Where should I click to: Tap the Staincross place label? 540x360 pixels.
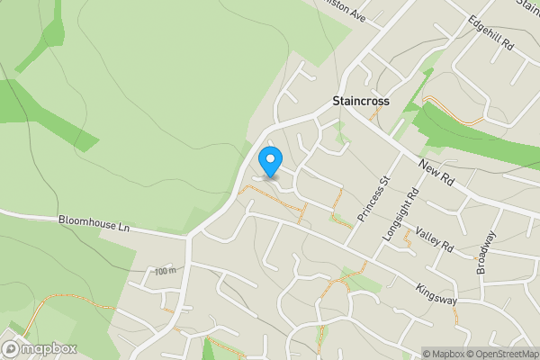pos(360,102)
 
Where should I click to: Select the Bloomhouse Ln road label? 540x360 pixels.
pos(94,222)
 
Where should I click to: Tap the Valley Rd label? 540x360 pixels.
pos(434,240)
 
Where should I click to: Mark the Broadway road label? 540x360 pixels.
pos(486,253)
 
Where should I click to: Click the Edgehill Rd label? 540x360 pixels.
pos(490,32)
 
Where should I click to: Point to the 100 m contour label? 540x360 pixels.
pos(164,272)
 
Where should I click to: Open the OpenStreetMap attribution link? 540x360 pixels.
pos(501,353)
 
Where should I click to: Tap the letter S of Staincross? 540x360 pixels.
pos(335,102)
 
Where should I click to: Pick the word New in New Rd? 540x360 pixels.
pos(427,167)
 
